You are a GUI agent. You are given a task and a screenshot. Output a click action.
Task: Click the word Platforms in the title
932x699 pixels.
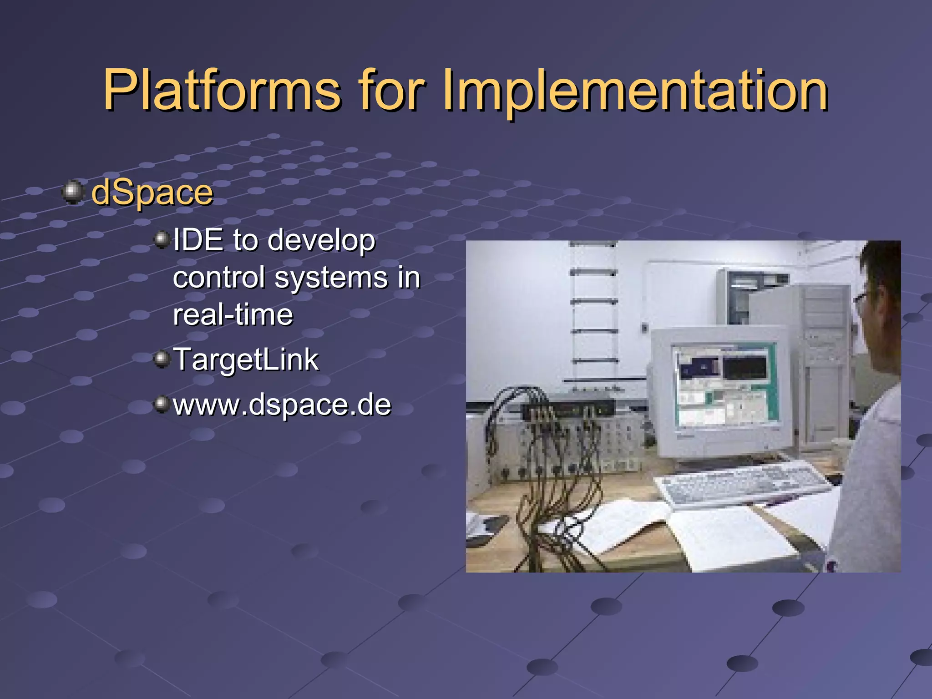(x=222, y=90)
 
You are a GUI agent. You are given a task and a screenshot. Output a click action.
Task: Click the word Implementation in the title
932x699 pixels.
(x=635, y=90)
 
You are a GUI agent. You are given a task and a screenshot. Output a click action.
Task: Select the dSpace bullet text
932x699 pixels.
(x=152, y=193)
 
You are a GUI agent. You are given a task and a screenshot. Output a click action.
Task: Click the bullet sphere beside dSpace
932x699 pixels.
(x=73, y=192)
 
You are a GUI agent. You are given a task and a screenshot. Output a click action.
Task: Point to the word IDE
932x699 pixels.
(x=198, y=240)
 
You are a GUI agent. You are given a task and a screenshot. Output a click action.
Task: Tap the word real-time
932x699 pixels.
(x=233, y=315)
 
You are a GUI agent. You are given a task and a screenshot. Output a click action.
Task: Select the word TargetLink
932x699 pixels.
(x=246, y=360)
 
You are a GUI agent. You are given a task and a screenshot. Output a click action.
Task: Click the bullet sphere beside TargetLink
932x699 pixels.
(x=162, y=360)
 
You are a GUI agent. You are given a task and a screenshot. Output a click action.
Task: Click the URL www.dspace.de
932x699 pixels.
(x=282, y=404)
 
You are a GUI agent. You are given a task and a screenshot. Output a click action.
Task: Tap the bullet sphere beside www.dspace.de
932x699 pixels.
(x=162, y=404)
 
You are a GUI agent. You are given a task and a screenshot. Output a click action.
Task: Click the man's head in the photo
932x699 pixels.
(x=881, y=309)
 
